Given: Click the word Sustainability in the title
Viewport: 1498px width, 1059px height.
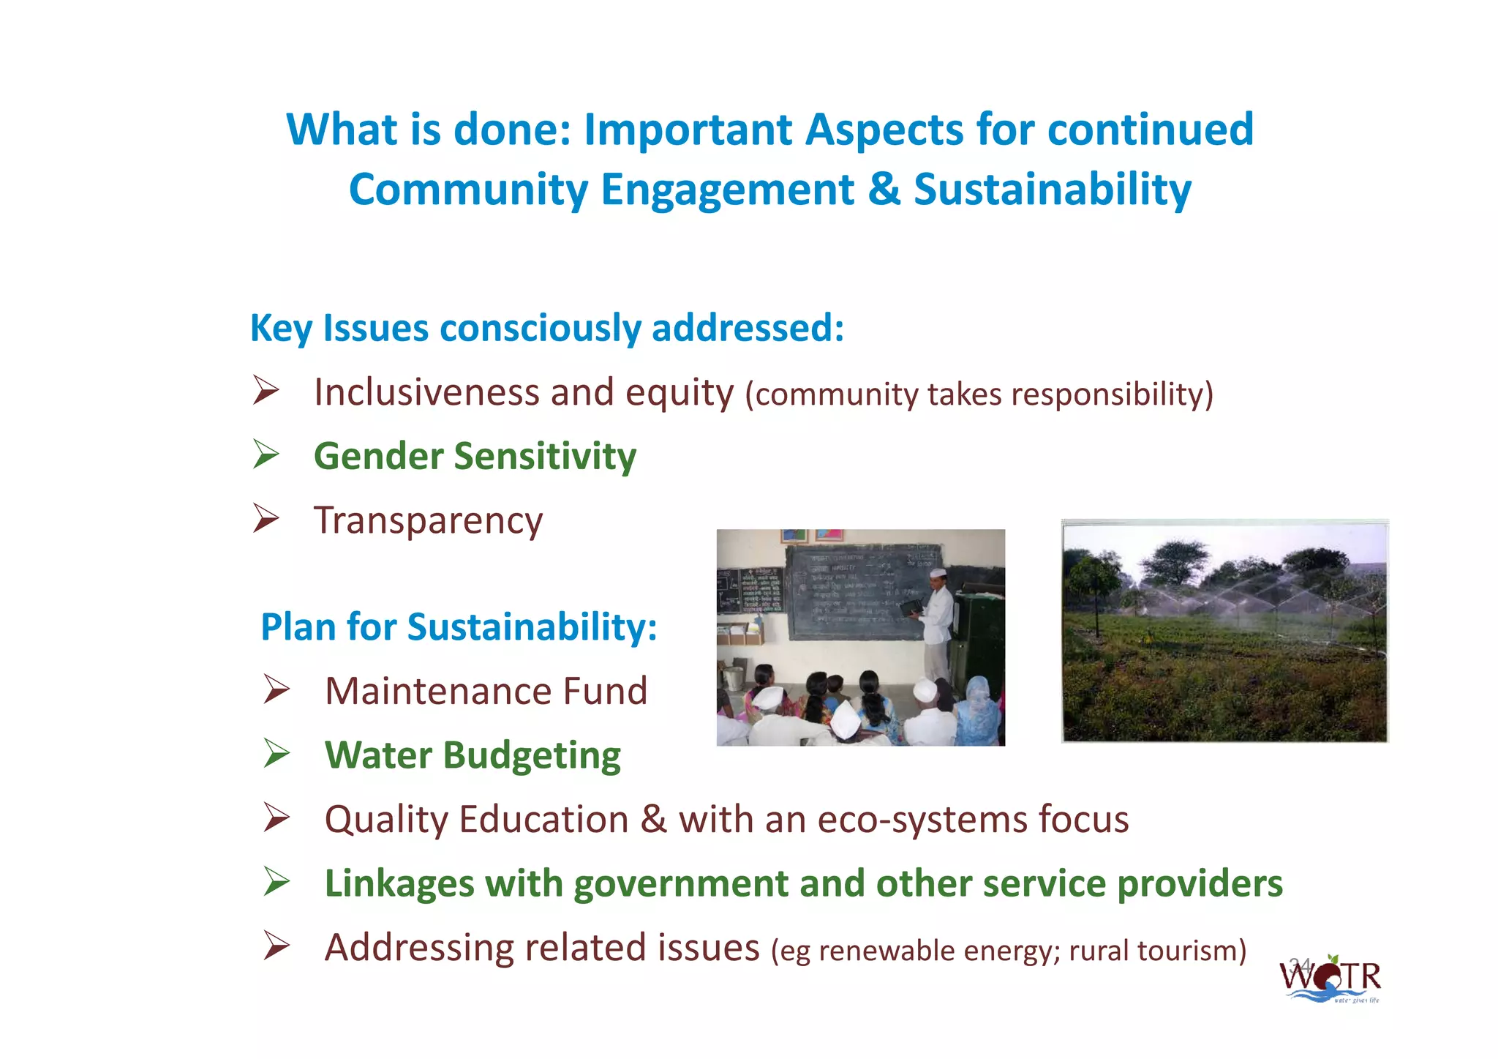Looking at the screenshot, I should click(1053, 190).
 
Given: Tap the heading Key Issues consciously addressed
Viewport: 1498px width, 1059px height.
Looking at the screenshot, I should click(547, 328).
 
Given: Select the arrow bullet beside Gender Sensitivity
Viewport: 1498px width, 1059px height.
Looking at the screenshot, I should click(266, 454).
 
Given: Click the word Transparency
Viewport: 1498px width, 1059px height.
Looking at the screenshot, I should click(428, 520).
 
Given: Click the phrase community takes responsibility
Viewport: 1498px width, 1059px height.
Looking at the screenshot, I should click(979, 394).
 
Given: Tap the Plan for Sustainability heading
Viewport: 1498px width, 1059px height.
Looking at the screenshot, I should click(459, 627).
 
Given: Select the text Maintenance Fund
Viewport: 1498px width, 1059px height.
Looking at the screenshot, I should click(486, 691).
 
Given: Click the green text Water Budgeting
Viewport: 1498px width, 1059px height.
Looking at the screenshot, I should click(473, 755).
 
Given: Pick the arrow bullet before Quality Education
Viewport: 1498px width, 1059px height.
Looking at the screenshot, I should click(277, 817).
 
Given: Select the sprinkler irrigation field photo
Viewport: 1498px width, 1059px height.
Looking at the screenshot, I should click(1224, 632).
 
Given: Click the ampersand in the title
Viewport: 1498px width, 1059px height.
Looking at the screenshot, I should click(884, 190).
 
